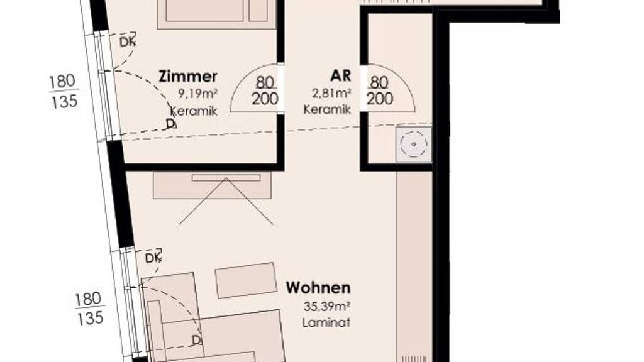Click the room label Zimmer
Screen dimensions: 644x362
pos(187,76)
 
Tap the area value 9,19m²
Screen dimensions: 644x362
pos(197,94)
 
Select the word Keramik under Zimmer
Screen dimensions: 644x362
pos(194,111)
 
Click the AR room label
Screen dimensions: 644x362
pos(340,75)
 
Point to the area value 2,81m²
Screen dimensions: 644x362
pos(331,93)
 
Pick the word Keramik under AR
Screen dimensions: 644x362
pos(327,109)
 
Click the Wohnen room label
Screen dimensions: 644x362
pos(318,288)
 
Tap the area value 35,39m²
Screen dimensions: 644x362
pos(327,306)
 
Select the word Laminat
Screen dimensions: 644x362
pos(326,322)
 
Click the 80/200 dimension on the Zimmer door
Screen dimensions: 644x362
pos(265,90)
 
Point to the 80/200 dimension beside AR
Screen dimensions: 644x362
pos(379,90)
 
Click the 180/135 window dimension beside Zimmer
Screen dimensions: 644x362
pos(64,91)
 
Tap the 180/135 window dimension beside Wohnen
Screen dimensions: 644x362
pos(89,309)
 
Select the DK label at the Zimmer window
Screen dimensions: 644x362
pos(127,42)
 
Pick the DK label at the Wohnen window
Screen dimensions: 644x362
pos(153,258)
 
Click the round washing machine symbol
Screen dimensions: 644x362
pos(414,144)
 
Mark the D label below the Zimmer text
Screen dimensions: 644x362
pos(171,124)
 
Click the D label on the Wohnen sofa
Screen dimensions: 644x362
pos(197,340)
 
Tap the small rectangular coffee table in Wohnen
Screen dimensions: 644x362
pos(246,280)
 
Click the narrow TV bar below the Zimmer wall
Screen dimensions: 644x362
pos(226,178)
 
